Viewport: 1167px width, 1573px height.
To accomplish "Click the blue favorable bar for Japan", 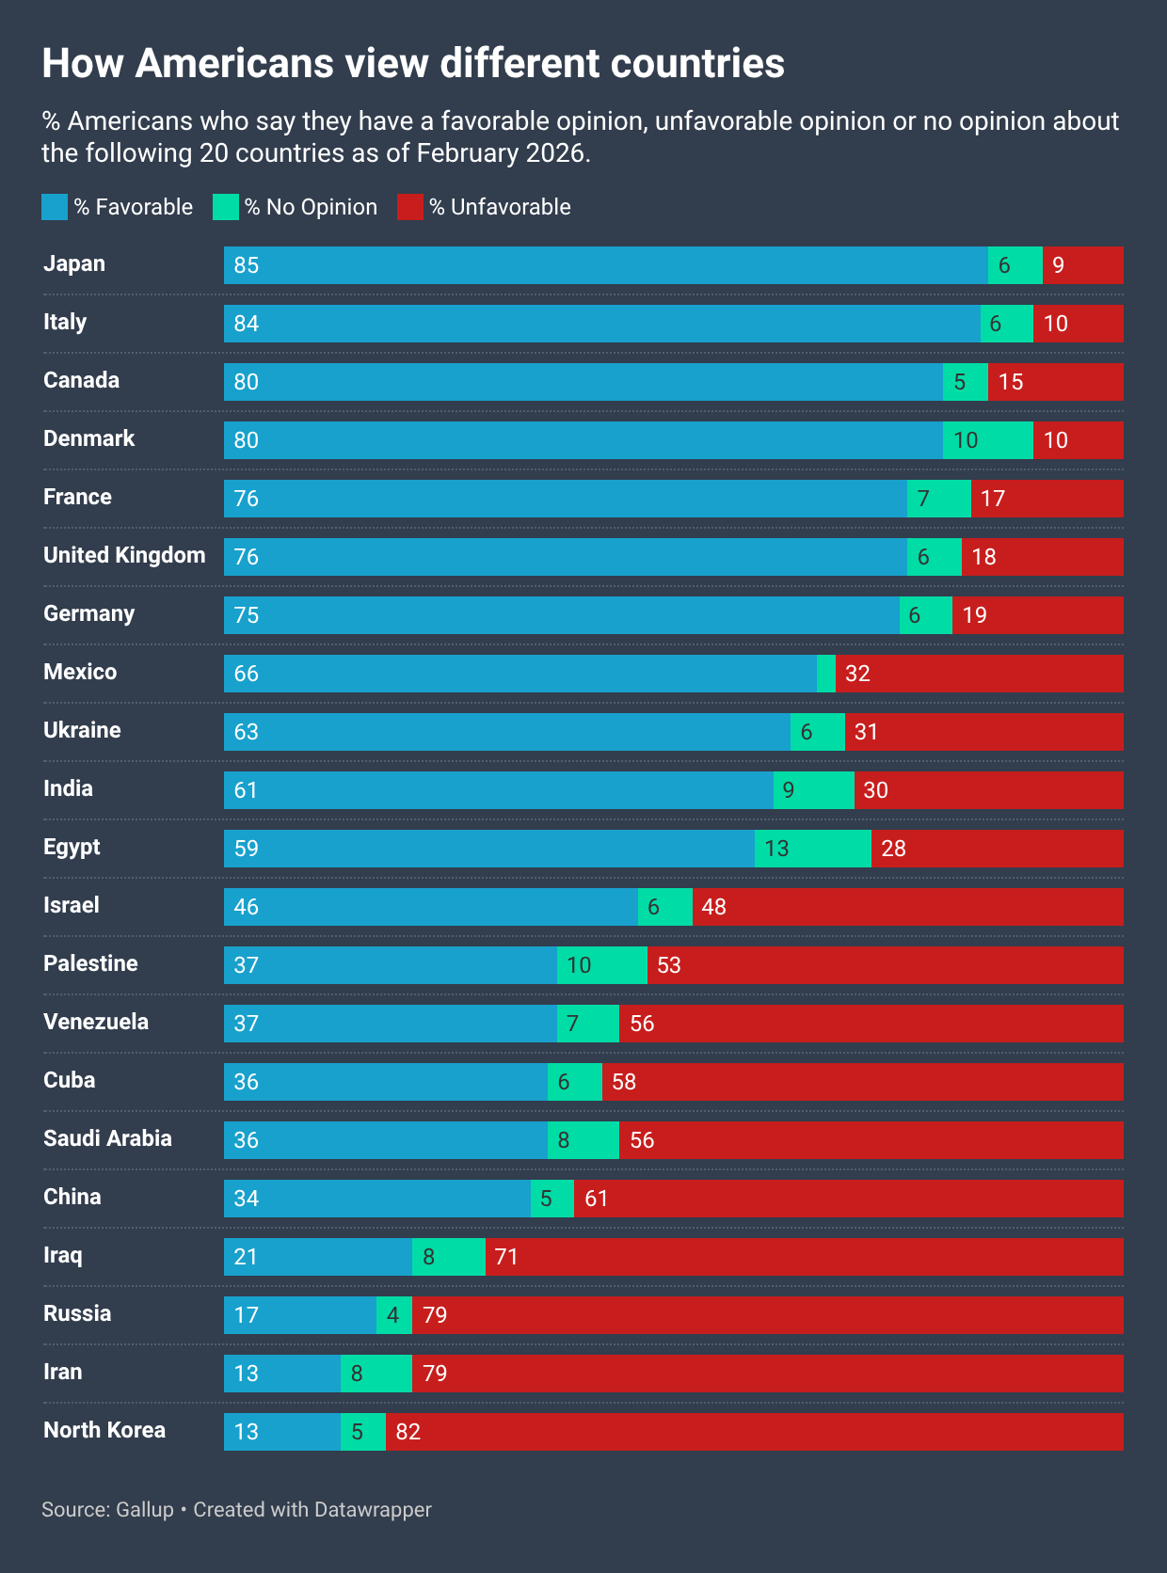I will pyautogui.click(x=605, y=265).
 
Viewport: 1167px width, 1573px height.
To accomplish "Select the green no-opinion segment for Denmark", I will pyautogui.click(x=987, y=440).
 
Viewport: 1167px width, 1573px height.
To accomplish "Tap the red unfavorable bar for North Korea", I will pyautogui.click(x=753, y=1432).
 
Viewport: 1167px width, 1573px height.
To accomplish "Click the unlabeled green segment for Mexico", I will pyautogui.click(x=826, y=674).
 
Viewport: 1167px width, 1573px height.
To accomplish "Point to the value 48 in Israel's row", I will pyautogui.click(x=713, y=907).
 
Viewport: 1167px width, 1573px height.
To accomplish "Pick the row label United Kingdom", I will pyautogui.click(x=124, y=555).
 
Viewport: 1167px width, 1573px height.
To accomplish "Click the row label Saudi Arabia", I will pyautogui.click(x=107, y=1138).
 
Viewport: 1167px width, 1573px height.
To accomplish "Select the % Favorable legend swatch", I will pyautogui.click(x=55, y=207).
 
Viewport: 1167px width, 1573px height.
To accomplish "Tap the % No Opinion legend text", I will pyautogui.click(x=311, y=207).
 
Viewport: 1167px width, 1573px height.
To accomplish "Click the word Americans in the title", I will pyautogui.click(x=234, y=63).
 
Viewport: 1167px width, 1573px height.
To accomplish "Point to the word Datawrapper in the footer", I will pyautogui.click(x=373, y=1509).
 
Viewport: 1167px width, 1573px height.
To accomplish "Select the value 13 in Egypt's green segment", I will pyautogui.click(x=776, y=849).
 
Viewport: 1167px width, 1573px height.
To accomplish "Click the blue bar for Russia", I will pyautogui.click(x=299, y=1315).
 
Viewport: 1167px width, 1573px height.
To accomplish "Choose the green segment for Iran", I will pyautogui.click(x=376, y=1374).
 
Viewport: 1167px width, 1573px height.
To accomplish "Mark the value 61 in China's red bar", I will pyautogui.click(x=596, y=1199).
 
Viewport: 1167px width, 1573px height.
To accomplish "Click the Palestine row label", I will pyautogui.click(x=90, y=963).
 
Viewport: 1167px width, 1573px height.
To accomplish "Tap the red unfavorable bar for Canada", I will pyautogui.click(x=1055, y=382).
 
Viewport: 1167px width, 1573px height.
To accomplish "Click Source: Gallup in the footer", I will pyautogui.click(x=107, y=1509).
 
